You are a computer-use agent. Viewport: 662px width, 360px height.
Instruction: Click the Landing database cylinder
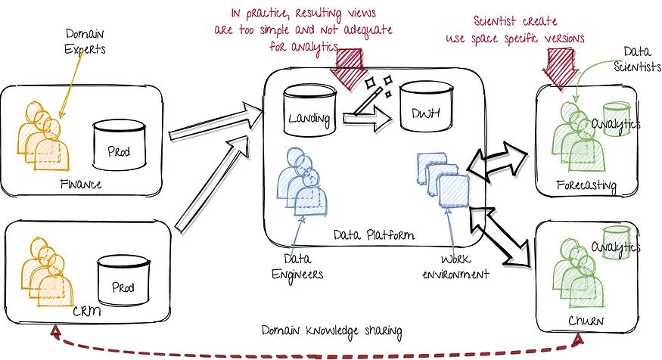310,110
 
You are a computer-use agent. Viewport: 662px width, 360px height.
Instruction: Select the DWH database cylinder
426,107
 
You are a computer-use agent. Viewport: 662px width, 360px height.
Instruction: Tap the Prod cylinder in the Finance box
119,144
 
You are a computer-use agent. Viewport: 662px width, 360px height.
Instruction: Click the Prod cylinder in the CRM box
123,281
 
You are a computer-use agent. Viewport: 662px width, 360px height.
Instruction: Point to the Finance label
81,185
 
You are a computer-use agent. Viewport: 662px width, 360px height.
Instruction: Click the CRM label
87,312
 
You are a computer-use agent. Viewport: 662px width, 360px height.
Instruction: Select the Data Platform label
374,234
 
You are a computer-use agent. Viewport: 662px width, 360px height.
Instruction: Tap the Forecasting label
586,185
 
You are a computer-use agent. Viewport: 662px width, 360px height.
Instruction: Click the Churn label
586,321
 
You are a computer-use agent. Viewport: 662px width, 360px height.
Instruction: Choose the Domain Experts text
85,42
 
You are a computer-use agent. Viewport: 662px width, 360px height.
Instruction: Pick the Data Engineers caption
297,267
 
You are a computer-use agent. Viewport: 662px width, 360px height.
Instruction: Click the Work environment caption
455,267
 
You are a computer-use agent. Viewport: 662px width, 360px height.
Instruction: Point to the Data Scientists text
637,60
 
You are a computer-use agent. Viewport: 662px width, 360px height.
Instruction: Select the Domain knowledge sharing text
331,331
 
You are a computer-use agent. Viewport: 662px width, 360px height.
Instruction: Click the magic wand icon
374,95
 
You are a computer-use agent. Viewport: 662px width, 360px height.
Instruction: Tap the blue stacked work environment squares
443,180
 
